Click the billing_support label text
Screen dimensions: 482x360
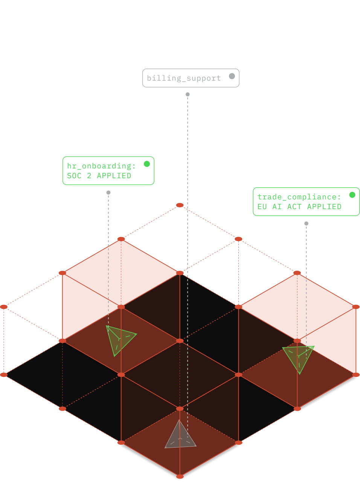[x=183, y=78]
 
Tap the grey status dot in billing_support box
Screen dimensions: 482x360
[x=232, y=76]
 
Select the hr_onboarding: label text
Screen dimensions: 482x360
[x=101, y=166]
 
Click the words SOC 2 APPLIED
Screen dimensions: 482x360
[x=99, y=176]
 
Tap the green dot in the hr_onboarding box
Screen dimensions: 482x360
[x=147, y=164]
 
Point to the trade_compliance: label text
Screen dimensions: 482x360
[x=299, y=197]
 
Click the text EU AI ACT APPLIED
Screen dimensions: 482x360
[x=299, y=207]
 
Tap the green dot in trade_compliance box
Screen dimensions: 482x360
[x=352, y=195]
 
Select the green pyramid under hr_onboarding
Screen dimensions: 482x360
[x=119, y=339]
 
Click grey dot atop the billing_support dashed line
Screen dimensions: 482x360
[x=188, y=94]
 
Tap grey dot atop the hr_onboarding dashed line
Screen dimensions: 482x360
[x=108, y=193]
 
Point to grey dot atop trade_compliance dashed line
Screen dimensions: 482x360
[x=306, y=223]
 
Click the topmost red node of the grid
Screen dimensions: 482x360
[x=180, y=205]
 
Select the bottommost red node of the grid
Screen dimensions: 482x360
[x=180, y=477]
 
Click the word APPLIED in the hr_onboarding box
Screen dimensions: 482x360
[x=114, y=176]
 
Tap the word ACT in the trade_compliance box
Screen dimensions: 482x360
[x=294, y=207]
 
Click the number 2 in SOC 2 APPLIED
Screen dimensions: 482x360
[x=89, y=176]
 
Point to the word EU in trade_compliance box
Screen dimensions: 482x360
[x=262, y=207]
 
